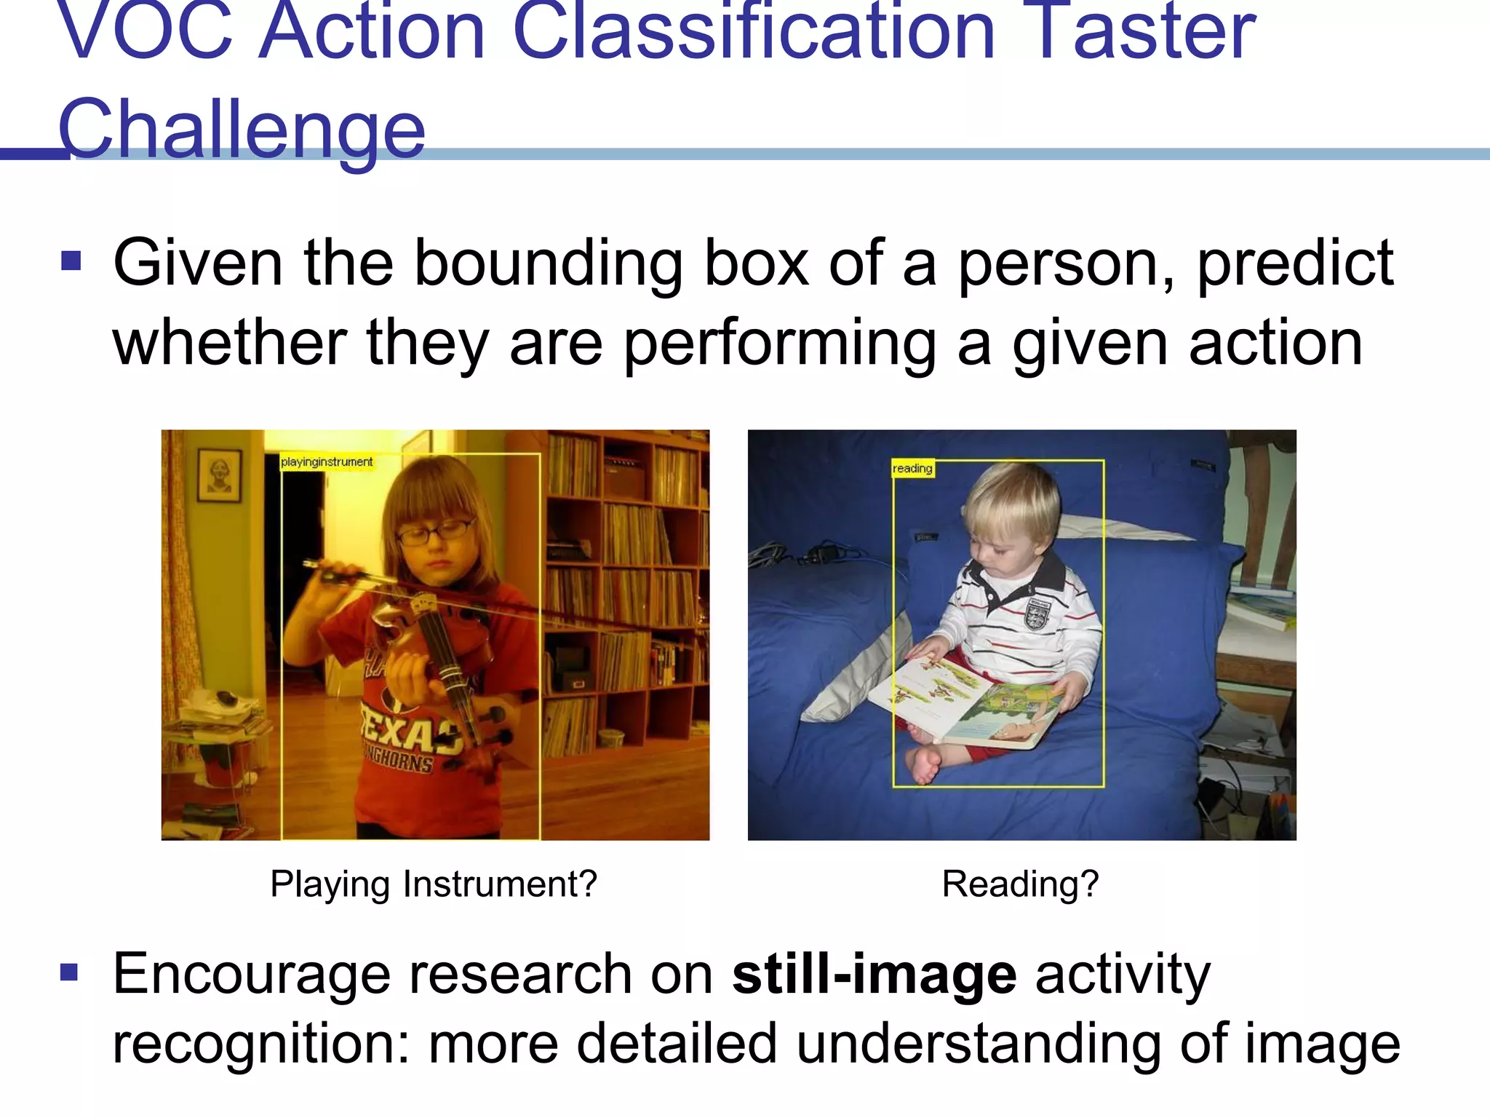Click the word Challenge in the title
click(241, 129)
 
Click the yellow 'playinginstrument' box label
click(327, 462)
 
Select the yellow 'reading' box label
click(912, 469)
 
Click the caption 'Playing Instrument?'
click(434, 884)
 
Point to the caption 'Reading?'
click(1020, 884)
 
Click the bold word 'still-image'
click(874, 974)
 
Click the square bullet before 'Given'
click(71, 260)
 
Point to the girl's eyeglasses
click(434, 533)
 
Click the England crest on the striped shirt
click(1037, 613)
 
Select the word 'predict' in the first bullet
click(1294, 263)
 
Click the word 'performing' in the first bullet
click(780, 344)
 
